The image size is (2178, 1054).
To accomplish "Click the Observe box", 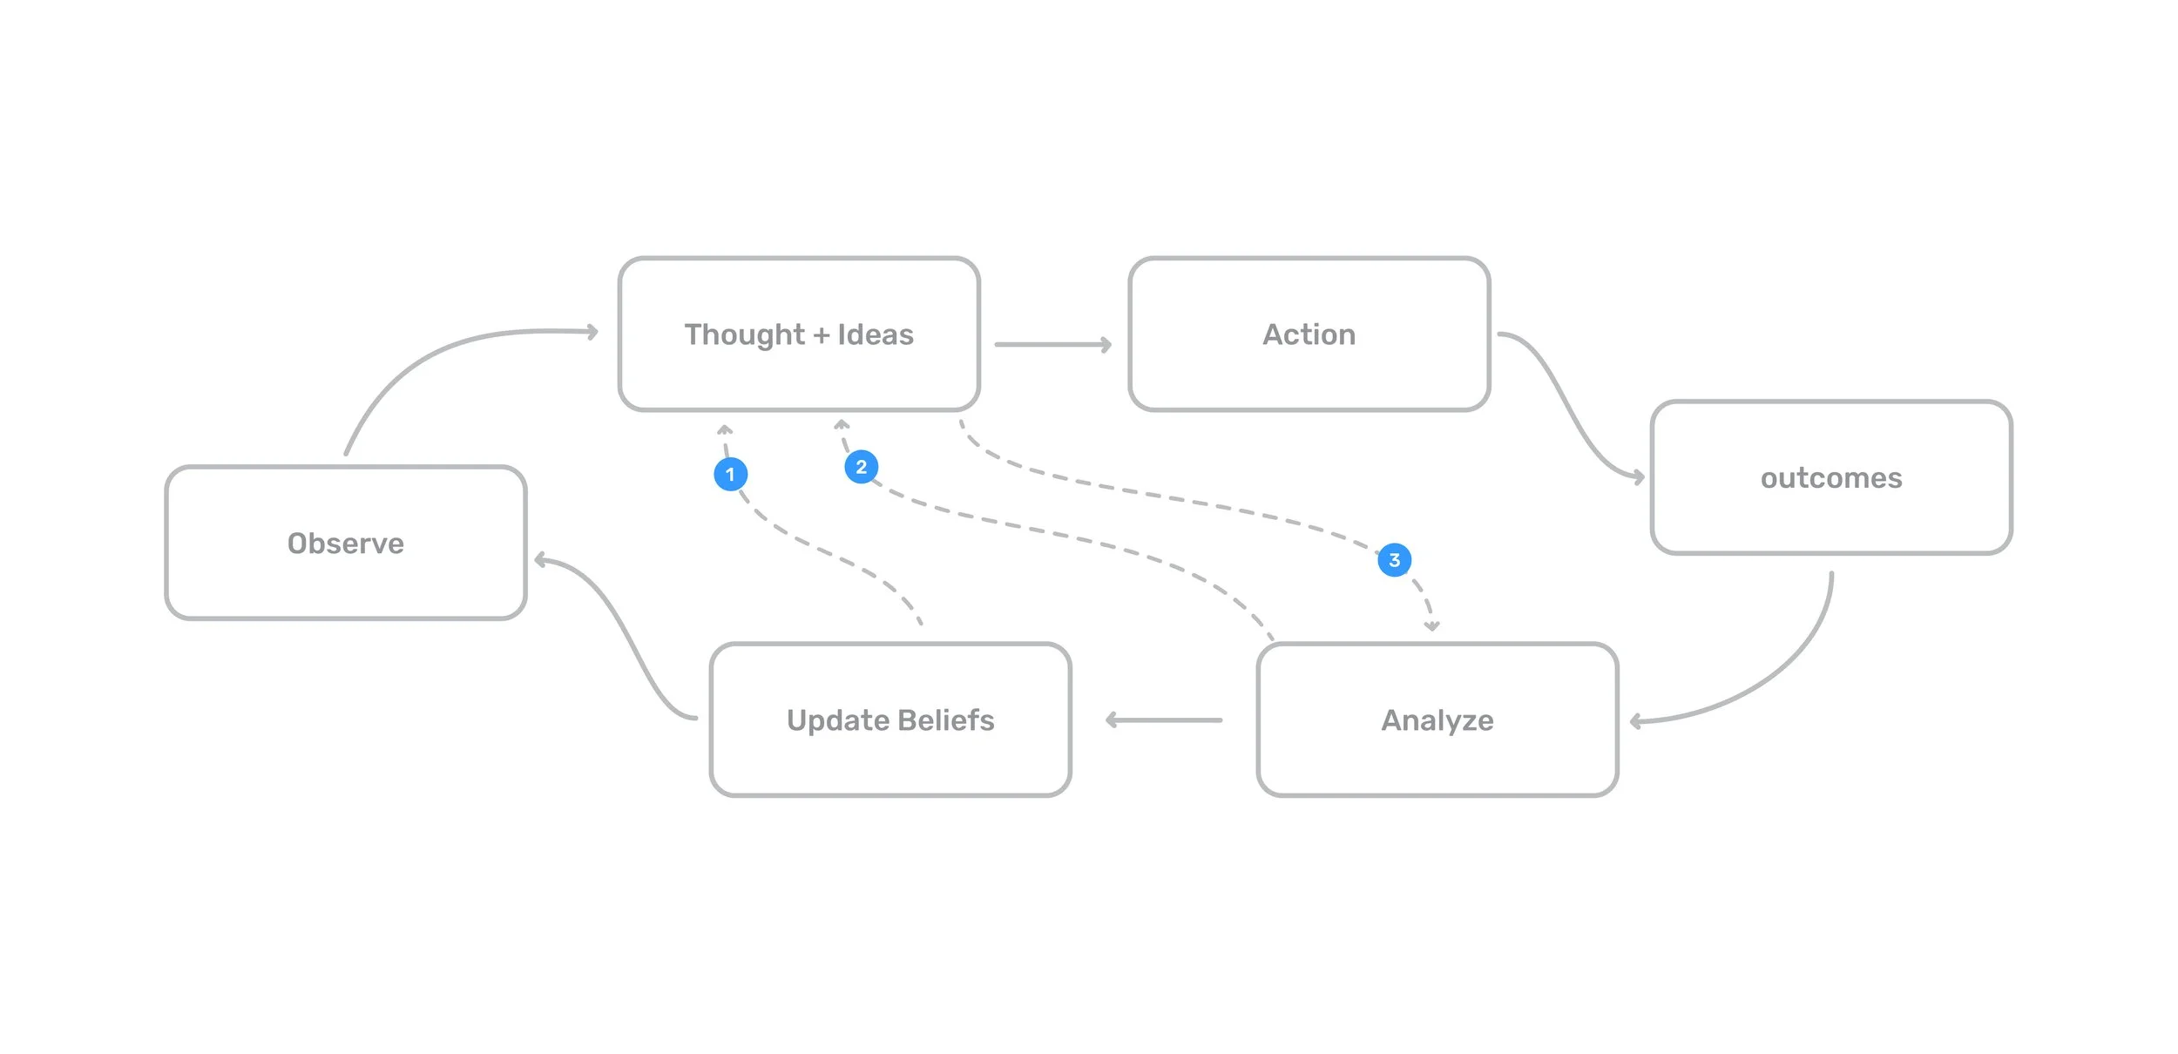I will (x=345, y=543).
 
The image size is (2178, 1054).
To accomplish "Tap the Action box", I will (x=1309, y=334).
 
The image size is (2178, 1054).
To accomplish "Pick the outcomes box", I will (x=1830, y=477).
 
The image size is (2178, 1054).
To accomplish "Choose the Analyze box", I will (x=1437, y=720).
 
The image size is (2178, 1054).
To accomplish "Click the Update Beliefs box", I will (x=889, y=720).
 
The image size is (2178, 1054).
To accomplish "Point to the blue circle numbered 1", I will (x=730, y=474).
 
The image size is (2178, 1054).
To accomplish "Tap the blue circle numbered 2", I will (x=861, y=467).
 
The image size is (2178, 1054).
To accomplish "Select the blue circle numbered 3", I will (x=1394, y=559).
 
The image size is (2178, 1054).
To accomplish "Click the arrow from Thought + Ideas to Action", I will (x=1052, y=345).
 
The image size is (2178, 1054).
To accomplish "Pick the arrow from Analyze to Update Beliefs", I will (x=1164, y=720).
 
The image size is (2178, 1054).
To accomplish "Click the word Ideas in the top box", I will (x=875, y=334).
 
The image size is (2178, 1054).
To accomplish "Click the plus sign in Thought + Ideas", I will (x=821, y=335).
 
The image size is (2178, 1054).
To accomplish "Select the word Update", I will (x=836, y=720).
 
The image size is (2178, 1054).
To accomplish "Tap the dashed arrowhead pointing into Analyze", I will (x=1431, y=625).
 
